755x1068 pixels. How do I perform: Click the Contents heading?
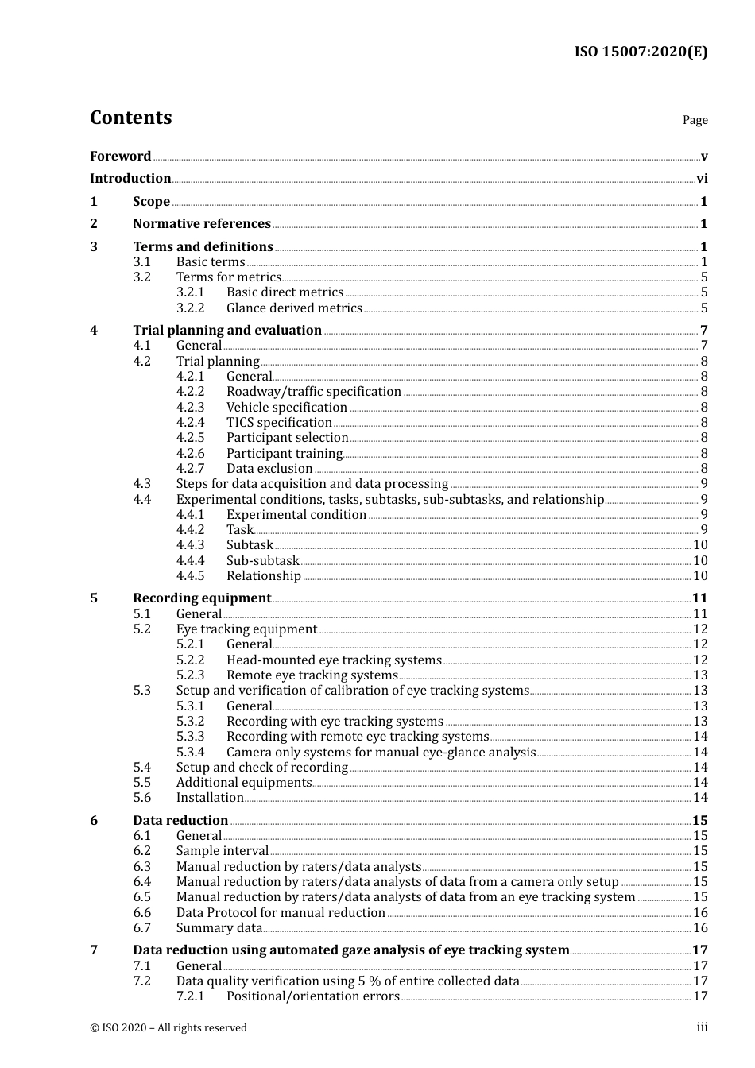click(130, 118)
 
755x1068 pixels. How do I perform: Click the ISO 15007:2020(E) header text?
click(641, 52)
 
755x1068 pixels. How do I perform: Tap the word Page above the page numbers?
click(695, 120)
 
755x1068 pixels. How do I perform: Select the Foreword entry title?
click(120, 157)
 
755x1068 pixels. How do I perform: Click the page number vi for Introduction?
click(702, 179)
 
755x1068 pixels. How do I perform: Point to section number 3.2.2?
click(190, 308)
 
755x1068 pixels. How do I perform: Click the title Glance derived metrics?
click(294, 308)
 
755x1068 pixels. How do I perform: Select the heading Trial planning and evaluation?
click(227, 331)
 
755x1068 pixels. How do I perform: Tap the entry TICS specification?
click(279, 423)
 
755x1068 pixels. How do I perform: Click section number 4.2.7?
click(190, 469)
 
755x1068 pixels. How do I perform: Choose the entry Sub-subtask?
click(262, 561)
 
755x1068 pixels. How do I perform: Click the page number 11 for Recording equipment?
click(699, 598)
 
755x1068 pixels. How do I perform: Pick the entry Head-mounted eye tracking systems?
click(334, 660)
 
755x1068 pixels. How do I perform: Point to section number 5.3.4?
click(190, 753)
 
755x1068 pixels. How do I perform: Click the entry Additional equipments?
click(244, 783)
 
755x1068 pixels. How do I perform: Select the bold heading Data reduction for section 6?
click(180, 821)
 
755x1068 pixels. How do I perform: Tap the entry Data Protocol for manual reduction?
click(281, 913)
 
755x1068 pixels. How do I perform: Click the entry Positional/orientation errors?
click(312, 996)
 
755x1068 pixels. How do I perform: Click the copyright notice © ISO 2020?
click(168, 1028)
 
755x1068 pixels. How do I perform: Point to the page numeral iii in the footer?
click(702, 1027)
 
